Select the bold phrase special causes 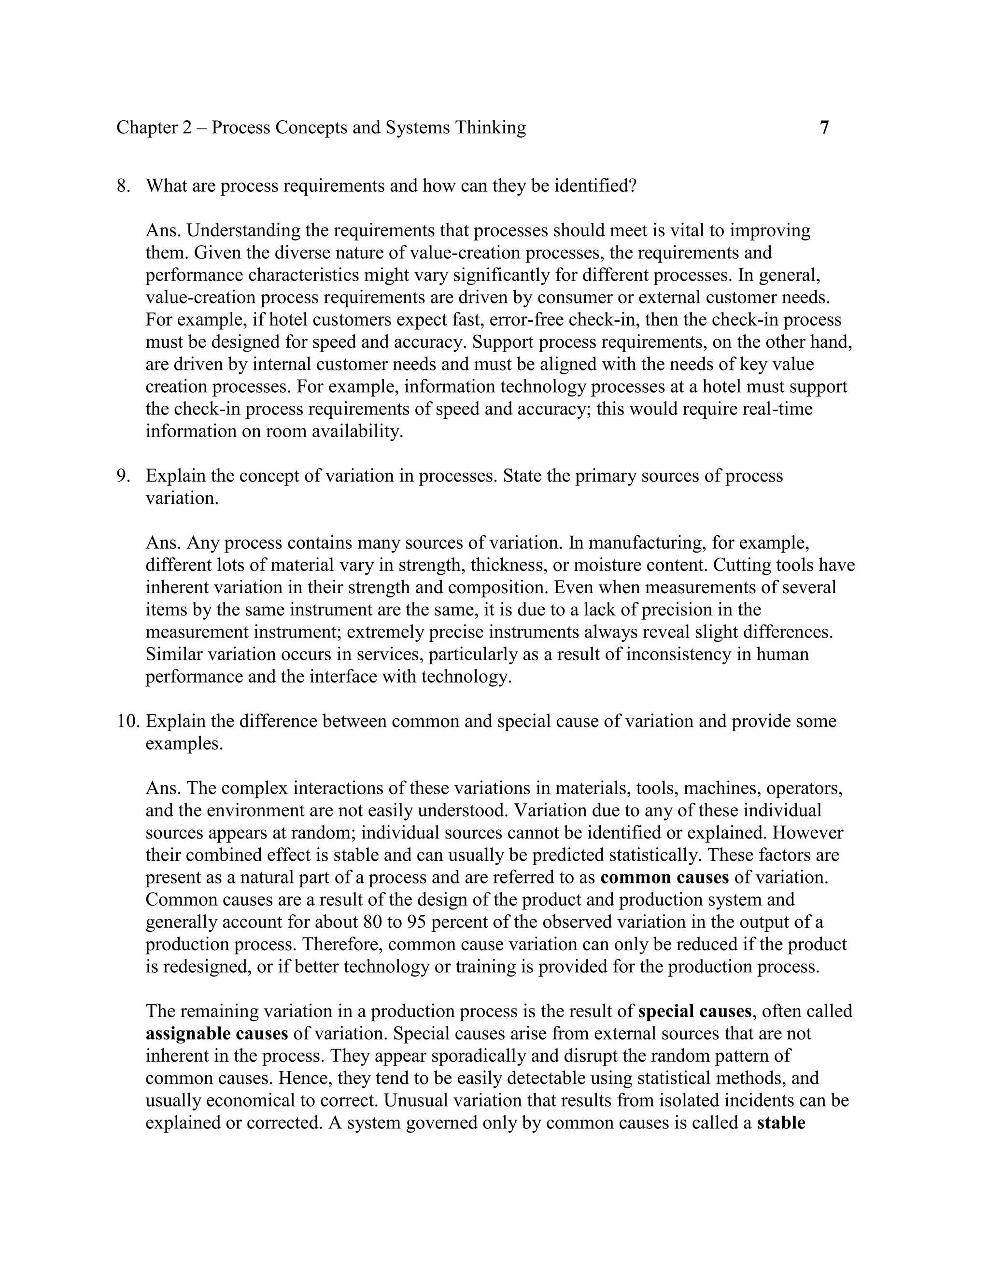(694, 1011)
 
